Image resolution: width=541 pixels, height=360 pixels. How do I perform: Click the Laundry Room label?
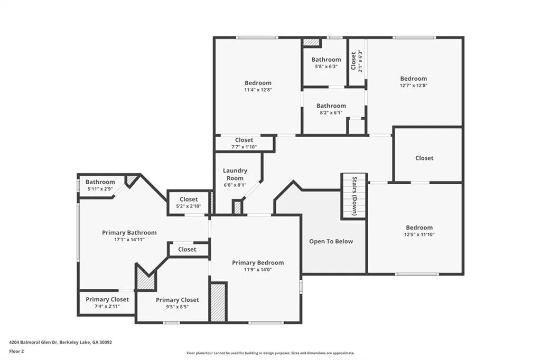(235, 174)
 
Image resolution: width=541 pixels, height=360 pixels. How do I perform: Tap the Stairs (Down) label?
(355, 196)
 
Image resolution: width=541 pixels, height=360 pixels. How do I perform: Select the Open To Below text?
(331, 241)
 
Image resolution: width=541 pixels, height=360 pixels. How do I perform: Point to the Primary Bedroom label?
(258, 263)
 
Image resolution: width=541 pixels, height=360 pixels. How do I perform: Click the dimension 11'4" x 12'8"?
(258, 90)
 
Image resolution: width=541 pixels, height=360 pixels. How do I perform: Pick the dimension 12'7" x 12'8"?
(413, 86)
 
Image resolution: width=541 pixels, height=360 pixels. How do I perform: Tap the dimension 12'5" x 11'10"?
(419, 234)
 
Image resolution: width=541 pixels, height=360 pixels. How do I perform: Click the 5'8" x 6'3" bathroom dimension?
(326, 67)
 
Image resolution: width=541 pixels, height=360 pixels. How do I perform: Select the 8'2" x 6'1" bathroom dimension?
(331, 113)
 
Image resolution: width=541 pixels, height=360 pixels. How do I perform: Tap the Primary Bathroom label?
(129, 233)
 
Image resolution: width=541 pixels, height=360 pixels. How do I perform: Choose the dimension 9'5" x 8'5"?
(178, 307)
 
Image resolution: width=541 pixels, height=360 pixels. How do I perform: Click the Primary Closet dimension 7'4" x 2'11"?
(107, 306)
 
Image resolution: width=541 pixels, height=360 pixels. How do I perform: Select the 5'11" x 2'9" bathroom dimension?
(100, 189)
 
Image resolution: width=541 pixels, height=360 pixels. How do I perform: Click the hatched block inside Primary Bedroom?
(218, 302)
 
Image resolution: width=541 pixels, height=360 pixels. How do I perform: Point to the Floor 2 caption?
(16, 352)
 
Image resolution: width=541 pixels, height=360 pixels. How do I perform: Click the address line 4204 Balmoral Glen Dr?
(60, 343)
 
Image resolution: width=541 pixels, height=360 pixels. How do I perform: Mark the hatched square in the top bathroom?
(312, 42)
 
